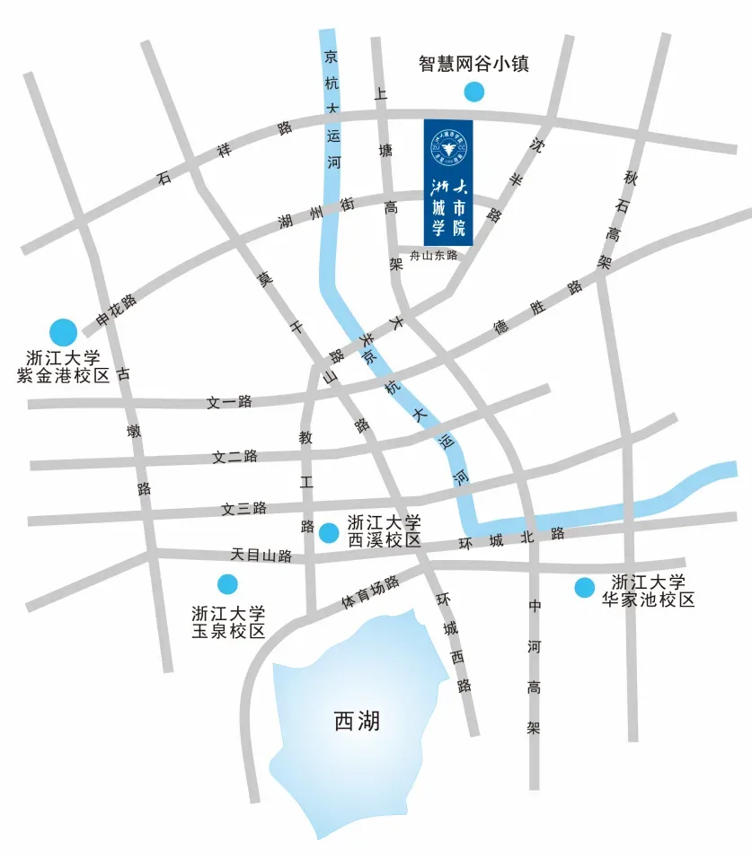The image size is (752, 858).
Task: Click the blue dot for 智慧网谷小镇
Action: pos(473,91)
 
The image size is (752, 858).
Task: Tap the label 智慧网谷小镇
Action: pos(473,65)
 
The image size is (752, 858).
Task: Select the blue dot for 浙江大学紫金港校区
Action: pos(63,333)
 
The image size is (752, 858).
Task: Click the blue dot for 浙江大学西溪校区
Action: pos(330,533)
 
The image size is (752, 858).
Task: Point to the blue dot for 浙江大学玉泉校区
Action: pos(228,584)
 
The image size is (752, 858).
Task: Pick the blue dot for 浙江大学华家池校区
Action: pos(585,587)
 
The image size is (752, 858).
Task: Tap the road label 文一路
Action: pos(230,402)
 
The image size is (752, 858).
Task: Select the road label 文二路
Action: pos(234,456)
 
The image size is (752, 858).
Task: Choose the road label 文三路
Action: pos(244,509)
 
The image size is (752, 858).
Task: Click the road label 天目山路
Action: pos(261,556)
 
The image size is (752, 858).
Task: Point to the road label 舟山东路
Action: pos(434,255)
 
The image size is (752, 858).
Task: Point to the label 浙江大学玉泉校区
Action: pos(228,622)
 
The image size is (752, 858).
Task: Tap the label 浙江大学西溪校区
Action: pos(384,531)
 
